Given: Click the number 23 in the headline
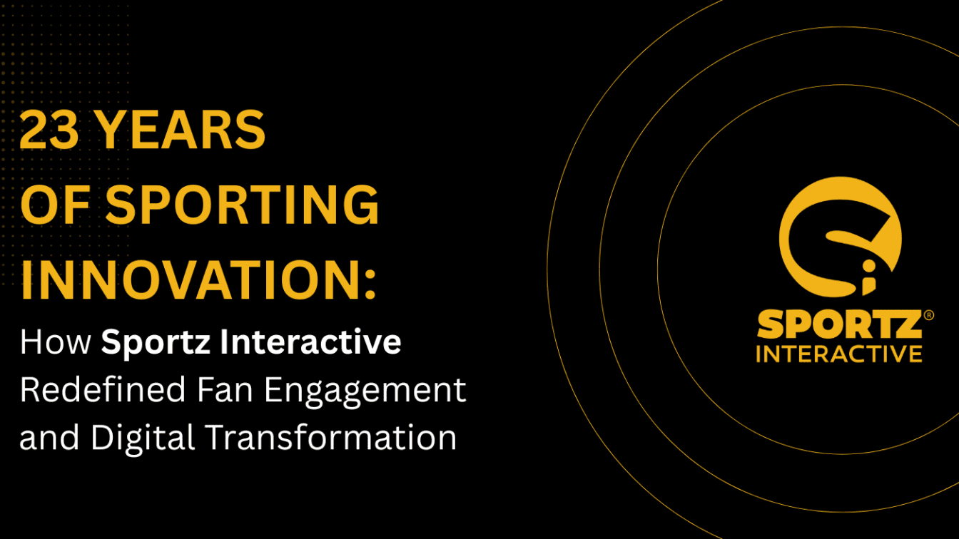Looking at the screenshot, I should (x=48, y=130).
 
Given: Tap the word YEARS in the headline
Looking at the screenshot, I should (x=181, y=130).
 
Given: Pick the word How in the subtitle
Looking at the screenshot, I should (x=56, y=342).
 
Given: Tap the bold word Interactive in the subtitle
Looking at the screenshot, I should (x=311, y=342).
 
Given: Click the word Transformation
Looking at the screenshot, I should (x=331, y=436).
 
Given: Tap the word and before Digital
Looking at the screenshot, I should (x=49, y=437).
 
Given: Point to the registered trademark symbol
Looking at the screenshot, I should (x=928, y=314).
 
